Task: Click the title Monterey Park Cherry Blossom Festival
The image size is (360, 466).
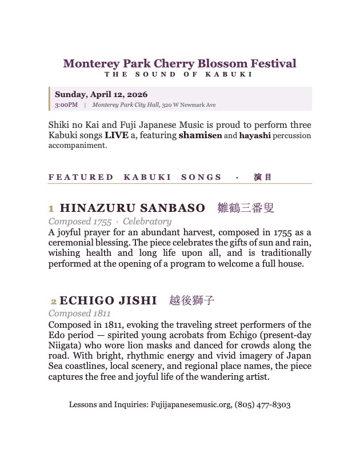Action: (x=179, y=63)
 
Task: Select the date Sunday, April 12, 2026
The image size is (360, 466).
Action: (x=101, y=94)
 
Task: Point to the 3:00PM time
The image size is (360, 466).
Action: (x=66, y=105)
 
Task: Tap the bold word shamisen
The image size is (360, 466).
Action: (x=199, y=136)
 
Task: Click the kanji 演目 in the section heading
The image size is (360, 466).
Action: (x=263, y=177)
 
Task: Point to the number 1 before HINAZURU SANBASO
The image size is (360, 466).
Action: (x=51, y=209)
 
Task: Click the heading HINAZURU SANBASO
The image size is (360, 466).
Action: (x=132, y=208)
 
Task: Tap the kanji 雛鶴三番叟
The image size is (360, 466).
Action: (x=246, y=208)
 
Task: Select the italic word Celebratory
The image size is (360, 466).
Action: (x=147, y=222)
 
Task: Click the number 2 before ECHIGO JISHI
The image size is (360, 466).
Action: (x=54, y=301)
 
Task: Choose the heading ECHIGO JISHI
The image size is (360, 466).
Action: (x=108, y=300)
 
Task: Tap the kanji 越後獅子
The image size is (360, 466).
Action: (x=192, y=300)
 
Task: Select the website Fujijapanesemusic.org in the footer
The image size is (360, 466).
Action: (x=190, y=405)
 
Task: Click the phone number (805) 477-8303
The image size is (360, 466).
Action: (x=262, y=405)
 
